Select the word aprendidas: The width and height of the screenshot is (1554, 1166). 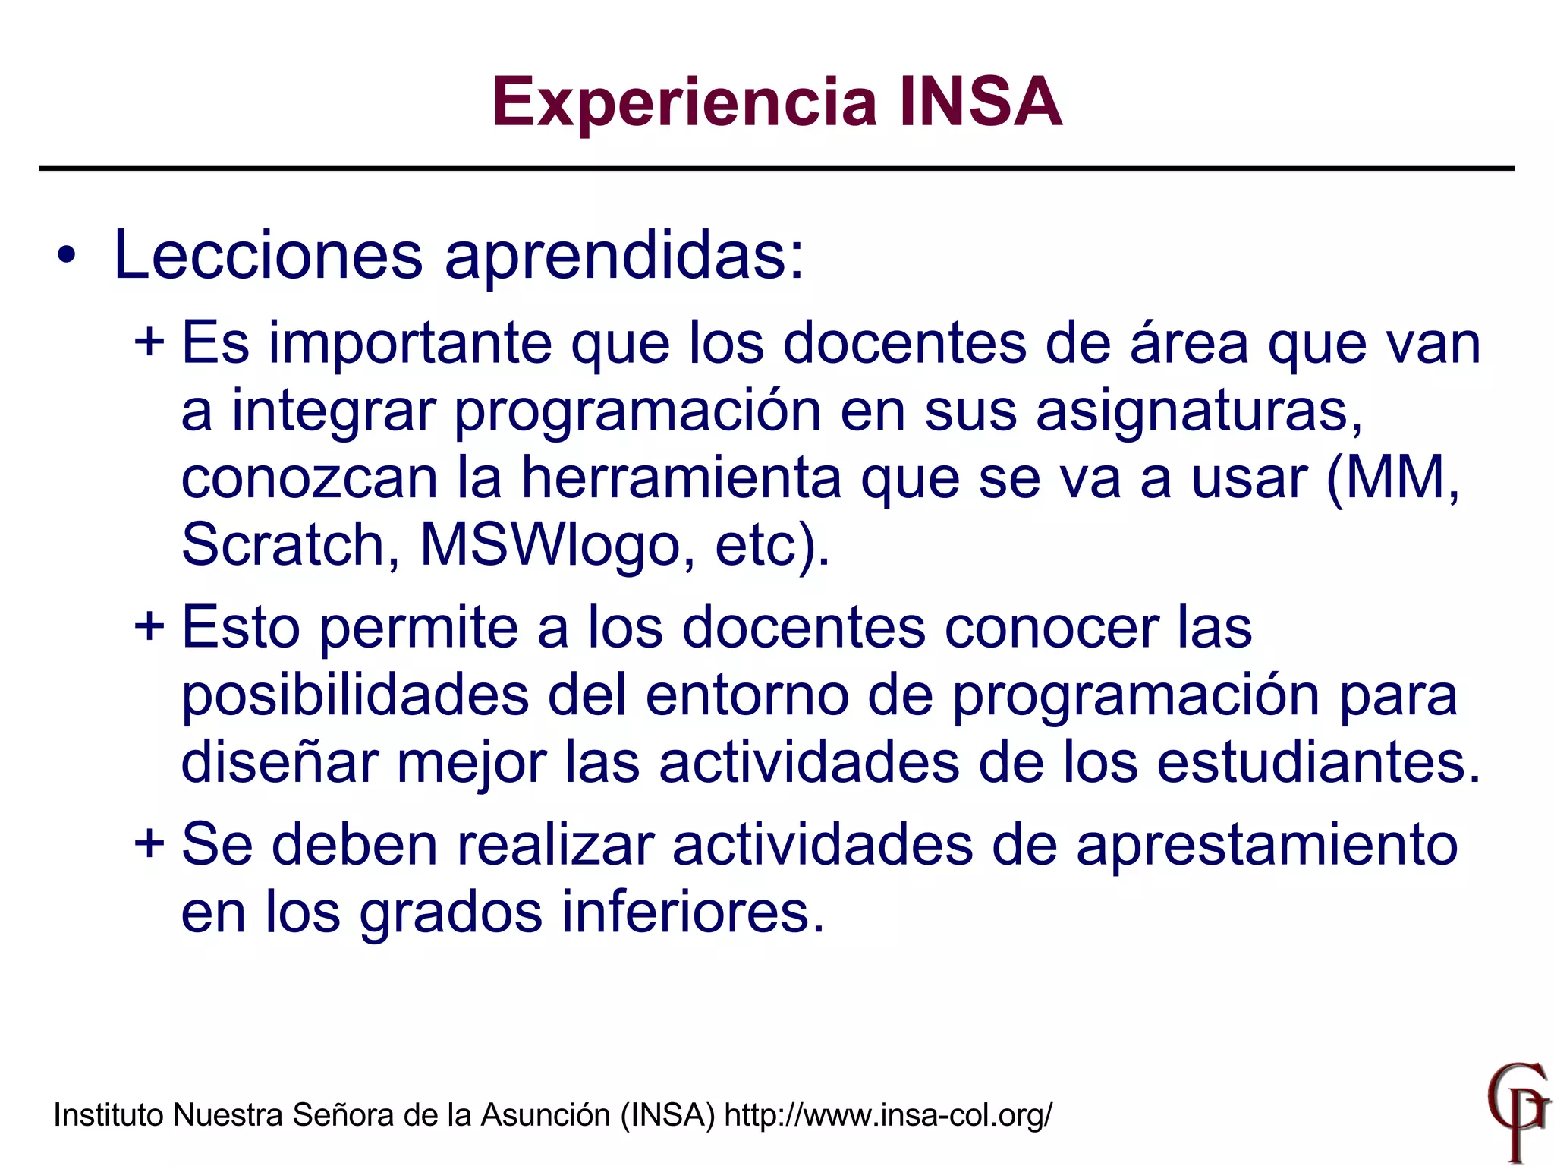(624, 257)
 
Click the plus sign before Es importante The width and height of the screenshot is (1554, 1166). (149, 342)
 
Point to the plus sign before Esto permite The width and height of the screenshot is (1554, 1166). (149, 627)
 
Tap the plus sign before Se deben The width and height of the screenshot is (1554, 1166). (149, 843)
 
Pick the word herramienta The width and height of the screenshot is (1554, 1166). (681, 478)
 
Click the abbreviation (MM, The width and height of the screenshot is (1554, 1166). (1392, 478)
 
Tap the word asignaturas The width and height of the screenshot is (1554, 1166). (1199, 411)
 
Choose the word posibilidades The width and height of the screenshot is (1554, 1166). (355, 695)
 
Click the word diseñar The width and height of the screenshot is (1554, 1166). (279, 762)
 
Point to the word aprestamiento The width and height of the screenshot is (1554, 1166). (1266, 845)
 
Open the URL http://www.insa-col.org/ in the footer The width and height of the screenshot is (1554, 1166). (889, 1115)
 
